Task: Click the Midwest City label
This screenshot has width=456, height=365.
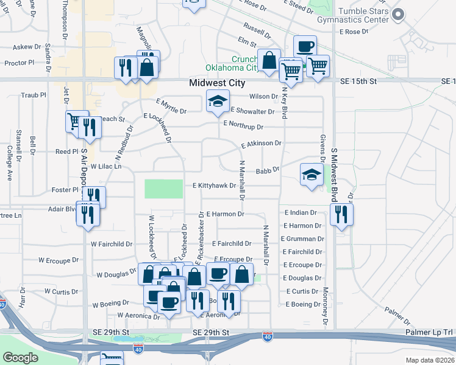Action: pyautogui.click(x=216, y=83)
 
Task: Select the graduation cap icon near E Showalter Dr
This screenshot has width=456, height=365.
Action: pyautogui.click(x=217, y=102)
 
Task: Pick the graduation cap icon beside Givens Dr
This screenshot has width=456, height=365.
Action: pyautogui.click(x=312, y=175)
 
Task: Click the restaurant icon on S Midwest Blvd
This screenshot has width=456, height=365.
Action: pyautogui.click(x=341, y=214)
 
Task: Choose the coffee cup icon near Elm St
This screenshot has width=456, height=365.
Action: pyautogui.click(x=305, y=47)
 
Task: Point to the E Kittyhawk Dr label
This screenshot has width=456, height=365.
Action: pyautogui.click(x=214, y=186)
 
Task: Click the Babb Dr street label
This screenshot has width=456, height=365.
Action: pyautogui.click(x=268, y=172)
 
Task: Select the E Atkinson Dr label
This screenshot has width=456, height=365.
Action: pyautogui.click(x=262, y=144)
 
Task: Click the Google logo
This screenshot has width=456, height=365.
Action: pyautogui.click(x=20, y=358)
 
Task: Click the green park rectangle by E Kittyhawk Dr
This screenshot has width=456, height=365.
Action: pyautogui.click(x=163, y=189)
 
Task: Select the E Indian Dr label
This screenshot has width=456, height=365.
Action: pyautogui.click(x=301, y=213)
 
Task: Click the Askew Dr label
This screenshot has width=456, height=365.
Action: pyautogui.click(x=27, y=46)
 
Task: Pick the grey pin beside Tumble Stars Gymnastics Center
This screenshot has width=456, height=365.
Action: pyautogui.click(x=399, y=15)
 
